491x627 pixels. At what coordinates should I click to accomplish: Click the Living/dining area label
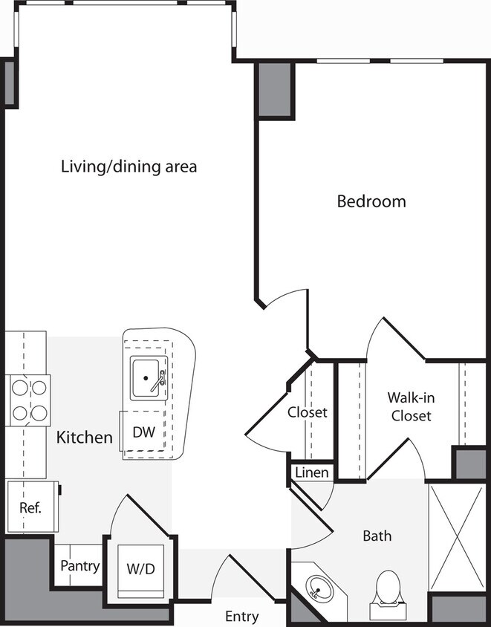tap(129, 166)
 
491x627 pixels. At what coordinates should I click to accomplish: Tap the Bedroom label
tap(371, 201)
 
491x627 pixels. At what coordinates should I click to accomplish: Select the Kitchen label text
tap(85, 438)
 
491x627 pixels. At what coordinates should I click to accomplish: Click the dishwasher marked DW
tap(143, 432)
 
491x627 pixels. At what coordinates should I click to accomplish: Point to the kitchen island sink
tap(149, 378)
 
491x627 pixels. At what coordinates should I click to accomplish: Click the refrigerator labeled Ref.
tap(30, 508)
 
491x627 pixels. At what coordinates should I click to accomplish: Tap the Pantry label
tap(79, 566)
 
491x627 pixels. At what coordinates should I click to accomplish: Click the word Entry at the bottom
tap(241, 617)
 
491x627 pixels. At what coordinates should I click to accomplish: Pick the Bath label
tap(377, 535)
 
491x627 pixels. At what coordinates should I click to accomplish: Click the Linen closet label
tap(311, 472)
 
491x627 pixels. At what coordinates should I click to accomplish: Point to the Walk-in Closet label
tap(409, 406)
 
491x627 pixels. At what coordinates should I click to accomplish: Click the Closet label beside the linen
tap(308, 412)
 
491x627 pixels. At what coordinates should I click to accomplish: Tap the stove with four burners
tap(28, 400)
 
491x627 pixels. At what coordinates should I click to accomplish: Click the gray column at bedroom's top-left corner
tap(275, 89)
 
